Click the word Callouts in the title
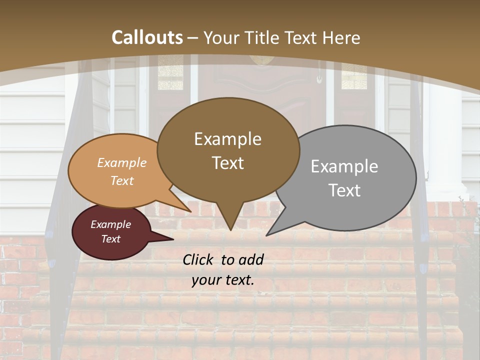click(x=147, y=37)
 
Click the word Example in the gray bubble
click(x=344, y=166)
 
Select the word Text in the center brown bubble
click(x=228, y=163)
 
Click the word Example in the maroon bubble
click(x=110, y=224)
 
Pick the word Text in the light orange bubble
click(x=122, y=180)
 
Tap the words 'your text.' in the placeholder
click(x=222, y=280)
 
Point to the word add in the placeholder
click(x=251, y=259)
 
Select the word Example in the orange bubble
click(x=122, y=162)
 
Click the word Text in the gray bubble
click(x=344, y=190)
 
